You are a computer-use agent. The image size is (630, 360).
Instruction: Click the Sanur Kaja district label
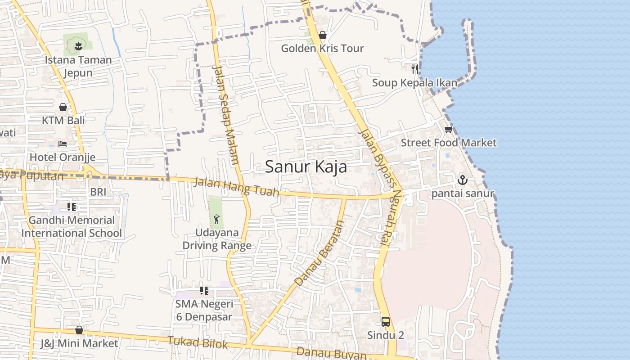[x=306, y=167]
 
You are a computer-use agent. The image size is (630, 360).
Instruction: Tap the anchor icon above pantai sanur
[x=463, y=180]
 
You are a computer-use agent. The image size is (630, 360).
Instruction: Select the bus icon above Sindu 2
[x=386, y=321]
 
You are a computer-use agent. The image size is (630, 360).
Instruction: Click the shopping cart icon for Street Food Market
[x=448, y=130]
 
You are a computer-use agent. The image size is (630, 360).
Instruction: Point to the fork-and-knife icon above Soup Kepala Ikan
[x=415, y=69]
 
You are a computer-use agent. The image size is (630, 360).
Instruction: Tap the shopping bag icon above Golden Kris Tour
[x=322, y=35]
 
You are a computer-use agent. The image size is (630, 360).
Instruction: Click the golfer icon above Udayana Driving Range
[x=216, y=219]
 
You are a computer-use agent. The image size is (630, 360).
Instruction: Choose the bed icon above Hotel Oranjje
[x=63, y=144]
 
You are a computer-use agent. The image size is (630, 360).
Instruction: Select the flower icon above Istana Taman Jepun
[x=78, y=45]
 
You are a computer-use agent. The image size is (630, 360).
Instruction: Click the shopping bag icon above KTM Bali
[x=63, y=107]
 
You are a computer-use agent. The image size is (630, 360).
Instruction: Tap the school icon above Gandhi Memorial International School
[x=71, y=207]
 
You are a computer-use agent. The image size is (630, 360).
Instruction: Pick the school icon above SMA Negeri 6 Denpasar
[x=204, y=291]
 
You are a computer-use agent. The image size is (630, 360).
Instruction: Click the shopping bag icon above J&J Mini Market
[x=79, y=330]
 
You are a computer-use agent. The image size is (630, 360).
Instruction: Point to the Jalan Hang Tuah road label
[x=236, y=187]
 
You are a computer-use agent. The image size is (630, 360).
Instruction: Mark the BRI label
[x=98, y=192]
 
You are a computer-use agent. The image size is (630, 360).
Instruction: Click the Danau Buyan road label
[x=332, y=353]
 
